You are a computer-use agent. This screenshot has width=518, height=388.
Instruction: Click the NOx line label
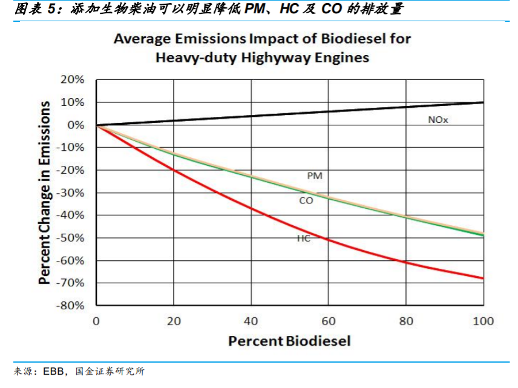(x=438, y=120)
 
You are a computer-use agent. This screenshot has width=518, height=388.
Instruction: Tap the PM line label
(x=315, y=176)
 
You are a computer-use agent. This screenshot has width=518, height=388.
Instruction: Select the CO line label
(x=306, y=200)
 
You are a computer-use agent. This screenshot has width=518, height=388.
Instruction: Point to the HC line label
(x=303, y=238)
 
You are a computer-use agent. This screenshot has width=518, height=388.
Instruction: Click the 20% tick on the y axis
(x=72, y=80)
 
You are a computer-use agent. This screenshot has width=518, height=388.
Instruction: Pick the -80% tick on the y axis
(x=70, y=306)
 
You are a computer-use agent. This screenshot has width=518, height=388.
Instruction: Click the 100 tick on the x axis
(x=484, y=321)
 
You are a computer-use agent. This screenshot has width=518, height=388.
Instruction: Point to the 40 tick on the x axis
(x=251, y=321)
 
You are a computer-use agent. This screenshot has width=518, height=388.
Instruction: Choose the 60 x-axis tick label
(x=328, y=321)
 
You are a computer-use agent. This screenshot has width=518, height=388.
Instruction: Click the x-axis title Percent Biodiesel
(x=289, y=341)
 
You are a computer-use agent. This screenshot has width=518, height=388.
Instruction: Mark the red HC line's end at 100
(x=483, y=278)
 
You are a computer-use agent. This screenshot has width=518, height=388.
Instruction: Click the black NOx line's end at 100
(x=483, y=102)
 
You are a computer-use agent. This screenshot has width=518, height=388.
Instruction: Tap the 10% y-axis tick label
(x=72, y=102)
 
